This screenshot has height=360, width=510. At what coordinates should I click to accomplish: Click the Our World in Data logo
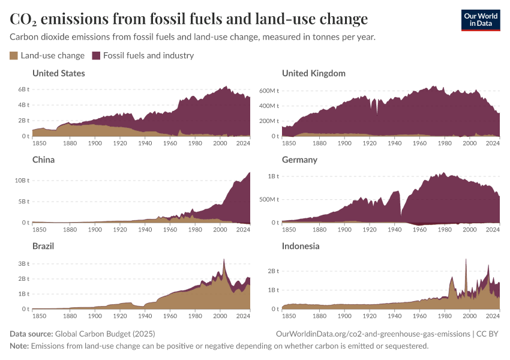coord(480,20)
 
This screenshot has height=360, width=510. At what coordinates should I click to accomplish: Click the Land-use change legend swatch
coord(14,56)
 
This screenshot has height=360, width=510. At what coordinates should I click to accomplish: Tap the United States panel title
coord(58,73)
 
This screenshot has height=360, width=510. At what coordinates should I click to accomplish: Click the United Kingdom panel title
coord(313,73)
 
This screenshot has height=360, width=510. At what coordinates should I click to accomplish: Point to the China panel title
coord(43,160)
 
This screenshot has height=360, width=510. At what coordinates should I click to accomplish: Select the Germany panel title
coord(299,160)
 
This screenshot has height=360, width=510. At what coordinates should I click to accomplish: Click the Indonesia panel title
coord(301,246)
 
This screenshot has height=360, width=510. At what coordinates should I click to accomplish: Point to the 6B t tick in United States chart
coord(23,89)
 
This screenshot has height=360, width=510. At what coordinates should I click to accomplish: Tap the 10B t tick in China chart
coord(22,180)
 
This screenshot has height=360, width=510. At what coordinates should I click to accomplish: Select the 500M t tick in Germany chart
coord(270,199)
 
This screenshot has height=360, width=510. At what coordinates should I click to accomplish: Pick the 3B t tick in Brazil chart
coord(23,263)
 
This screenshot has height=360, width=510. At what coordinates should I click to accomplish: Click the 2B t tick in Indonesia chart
coord(272,271)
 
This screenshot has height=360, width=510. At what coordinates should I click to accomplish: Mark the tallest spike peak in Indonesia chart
coord(466,259)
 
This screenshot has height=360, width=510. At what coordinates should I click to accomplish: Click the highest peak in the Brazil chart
coord(224,259)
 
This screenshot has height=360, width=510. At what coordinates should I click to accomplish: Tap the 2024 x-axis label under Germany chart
coord(492,229)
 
